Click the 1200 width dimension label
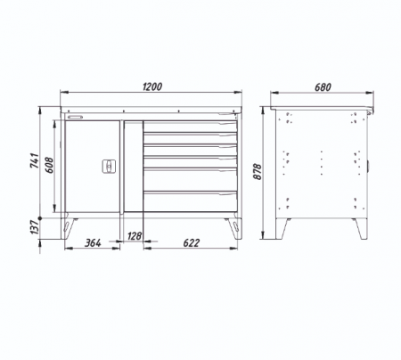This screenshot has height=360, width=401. (x=152, y=86)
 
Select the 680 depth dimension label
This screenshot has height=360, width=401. (x=323, y=87)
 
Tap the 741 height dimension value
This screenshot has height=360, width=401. (x=35, y=160)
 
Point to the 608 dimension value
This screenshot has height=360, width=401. (x=49, y=165)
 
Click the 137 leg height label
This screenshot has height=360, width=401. (x=35, y=227)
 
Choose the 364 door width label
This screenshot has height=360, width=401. (x=93, y=242)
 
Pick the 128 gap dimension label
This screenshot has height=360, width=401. (x=135, y=236)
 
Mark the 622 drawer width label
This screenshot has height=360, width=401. (x=191, y=242)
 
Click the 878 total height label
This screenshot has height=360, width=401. (x=258, y=171)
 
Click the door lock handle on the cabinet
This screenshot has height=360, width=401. (x=109, y=167)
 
